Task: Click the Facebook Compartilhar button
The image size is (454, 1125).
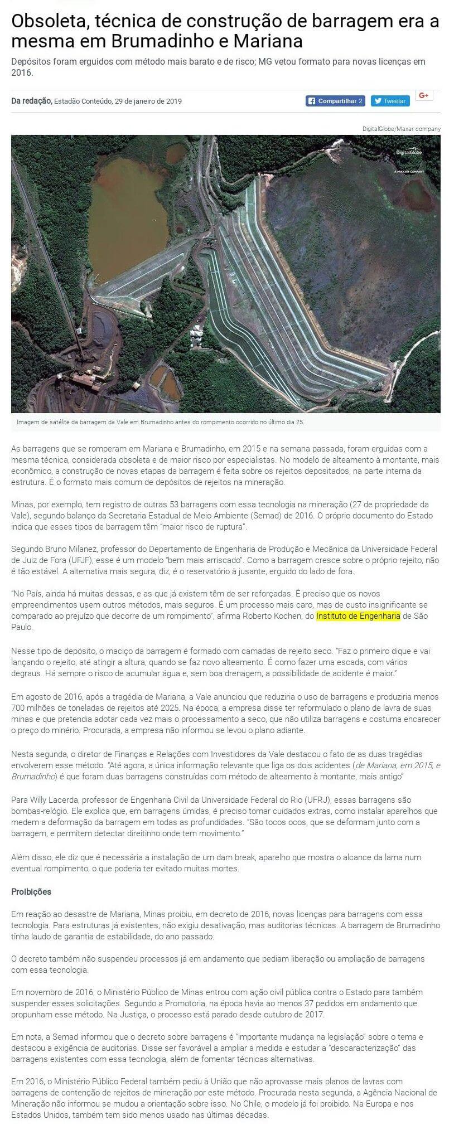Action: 336,101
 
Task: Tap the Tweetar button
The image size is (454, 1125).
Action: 390,101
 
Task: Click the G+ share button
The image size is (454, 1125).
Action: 424,96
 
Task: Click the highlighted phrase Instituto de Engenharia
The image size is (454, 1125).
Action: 358,616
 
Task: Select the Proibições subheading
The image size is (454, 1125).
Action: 31,891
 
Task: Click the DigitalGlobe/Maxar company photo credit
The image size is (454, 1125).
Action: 401,129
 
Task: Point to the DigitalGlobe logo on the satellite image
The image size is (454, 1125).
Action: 409,152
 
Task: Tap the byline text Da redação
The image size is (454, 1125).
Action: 31,101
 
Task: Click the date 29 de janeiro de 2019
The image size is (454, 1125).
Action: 148,101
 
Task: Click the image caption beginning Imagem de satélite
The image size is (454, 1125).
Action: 161,422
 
